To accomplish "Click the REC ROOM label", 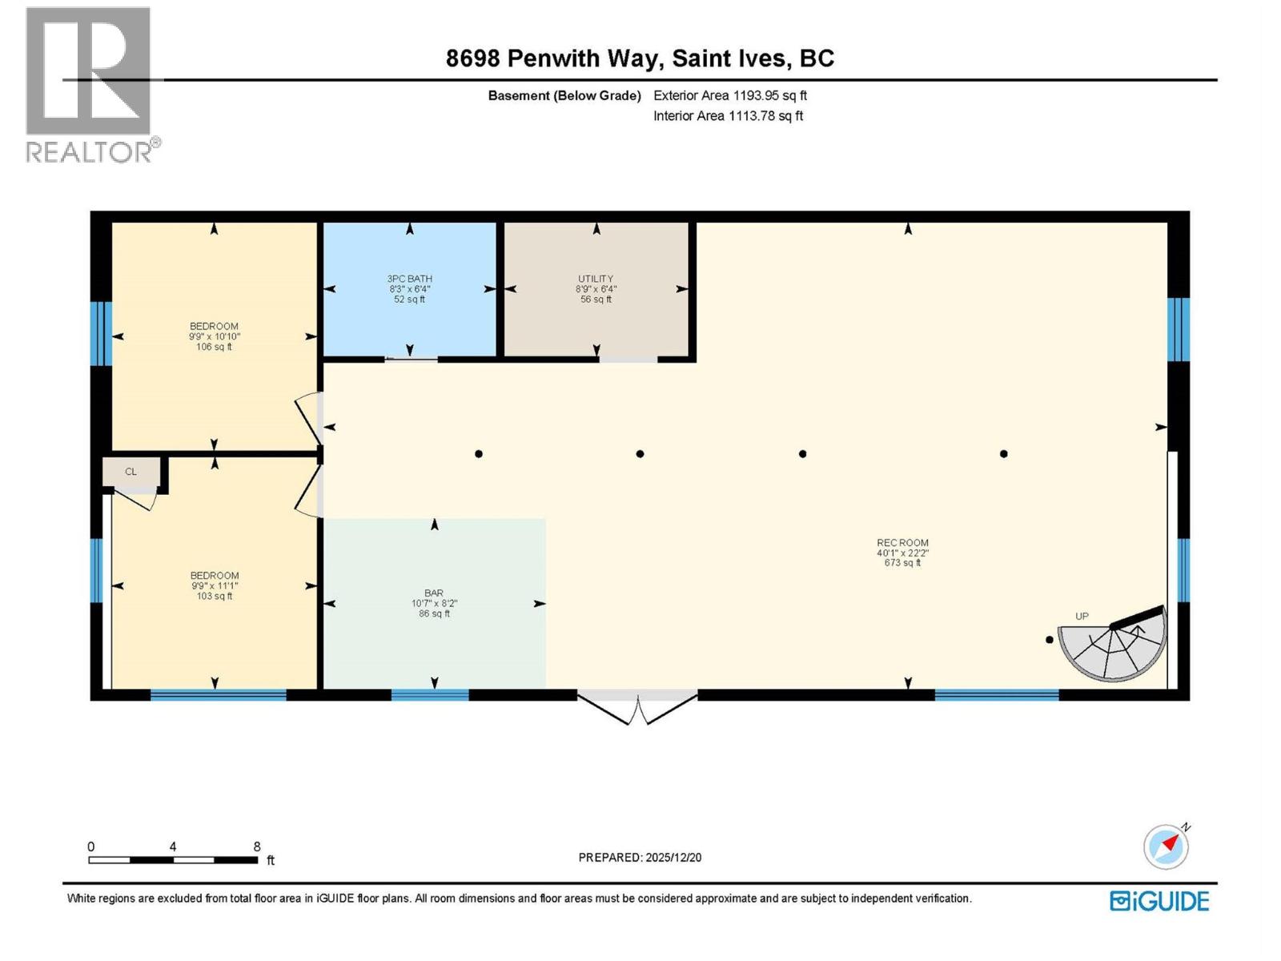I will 902,543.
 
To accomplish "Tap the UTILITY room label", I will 595,279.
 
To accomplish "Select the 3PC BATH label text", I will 409,279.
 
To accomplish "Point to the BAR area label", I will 434,593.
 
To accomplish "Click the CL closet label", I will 131,472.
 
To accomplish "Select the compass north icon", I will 1166,846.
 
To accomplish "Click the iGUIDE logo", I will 1159,901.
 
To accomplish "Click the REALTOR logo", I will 90,84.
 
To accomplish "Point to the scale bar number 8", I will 257,846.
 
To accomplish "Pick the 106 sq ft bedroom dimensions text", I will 214,337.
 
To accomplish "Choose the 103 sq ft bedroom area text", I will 214,596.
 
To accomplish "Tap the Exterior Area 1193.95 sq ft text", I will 729,95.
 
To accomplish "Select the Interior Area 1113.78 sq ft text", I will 728,116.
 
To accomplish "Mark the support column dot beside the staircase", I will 1049,640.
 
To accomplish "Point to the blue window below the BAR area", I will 430,695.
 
